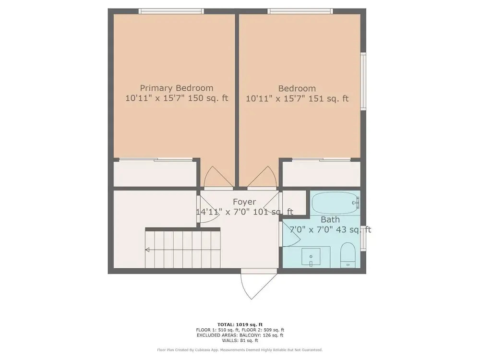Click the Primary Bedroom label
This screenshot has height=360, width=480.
pyautogui.click(x=177, y=88)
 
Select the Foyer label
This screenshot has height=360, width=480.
pyautogui.click(x=244, y=202)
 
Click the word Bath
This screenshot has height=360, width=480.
pyautogui.click(x=330, y=219)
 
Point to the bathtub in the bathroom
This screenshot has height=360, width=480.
pyautogui.click(x=335, y=203)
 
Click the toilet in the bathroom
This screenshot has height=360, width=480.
pyautogui.click(x=348, y=255)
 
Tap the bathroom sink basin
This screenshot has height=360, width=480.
pyautogui.click(x=311, y=256)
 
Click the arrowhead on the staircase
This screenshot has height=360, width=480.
pyautogui.click(x=147, y=250)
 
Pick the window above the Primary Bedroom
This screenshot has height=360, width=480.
pyautogui.click(x=171, y=12)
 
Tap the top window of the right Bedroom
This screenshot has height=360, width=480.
pyautogui.click(x=300, y=12)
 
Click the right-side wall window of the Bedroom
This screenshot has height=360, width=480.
pyautogui.click(x=363, y=82)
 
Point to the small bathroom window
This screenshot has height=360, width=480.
pyautogui.click(x=363, y=238)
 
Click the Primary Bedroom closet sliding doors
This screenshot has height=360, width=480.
pyautogui.click(x=156, y=159)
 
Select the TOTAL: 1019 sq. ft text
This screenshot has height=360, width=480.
pyautogui.click(x=240, y=324)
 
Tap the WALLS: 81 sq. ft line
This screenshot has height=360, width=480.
pyautogui.click(x=240, y=340)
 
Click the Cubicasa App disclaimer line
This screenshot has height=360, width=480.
pyautogui.click(x=240, y=349)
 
